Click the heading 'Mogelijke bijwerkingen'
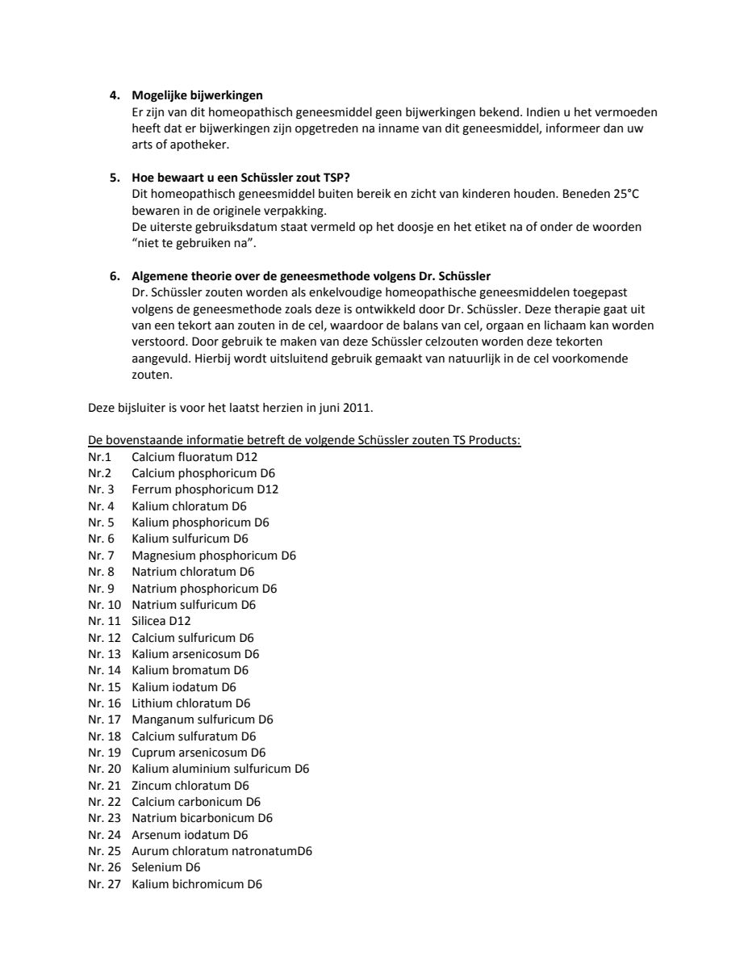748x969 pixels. (x=197, y=95)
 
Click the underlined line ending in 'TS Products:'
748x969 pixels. (x=304, y=440)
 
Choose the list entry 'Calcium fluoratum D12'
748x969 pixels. (x=194, y=457)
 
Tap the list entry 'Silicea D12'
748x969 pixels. (x=161, y=621)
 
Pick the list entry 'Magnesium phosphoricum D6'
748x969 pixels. (x=214, y=556)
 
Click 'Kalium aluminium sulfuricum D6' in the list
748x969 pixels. (x=220, y=769)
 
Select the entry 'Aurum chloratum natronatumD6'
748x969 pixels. (x=222, y=851)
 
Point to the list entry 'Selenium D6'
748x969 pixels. (x=165, y=867)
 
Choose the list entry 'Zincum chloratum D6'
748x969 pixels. (x=190, y=786)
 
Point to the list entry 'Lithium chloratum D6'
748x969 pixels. (x=191, y=703)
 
